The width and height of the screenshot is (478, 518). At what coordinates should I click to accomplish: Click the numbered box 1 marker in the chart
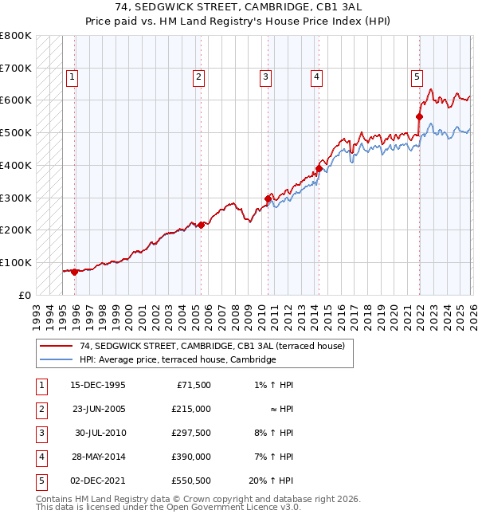click(x=72, y=77)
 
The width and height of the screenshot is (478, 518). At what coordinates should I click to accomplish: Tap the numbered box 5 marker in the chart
click(x=417, y=77)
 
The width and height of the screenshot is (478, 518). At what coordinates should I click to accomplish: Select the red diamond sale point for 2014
click(x=319, y=168)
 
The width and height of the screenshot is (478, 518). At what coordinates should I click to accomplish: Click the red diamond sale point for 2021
click(x=419, y=116)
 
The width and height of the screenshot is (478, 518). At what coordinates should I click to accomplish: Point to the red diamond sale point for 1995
click(x=75, y=272)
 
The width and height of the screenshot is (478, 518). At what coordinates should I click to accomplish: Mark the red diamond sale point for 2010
click(x=268, y=198)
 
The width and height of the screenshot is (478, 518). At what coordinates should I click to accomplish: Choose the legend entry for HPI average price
click(x=177, y=360)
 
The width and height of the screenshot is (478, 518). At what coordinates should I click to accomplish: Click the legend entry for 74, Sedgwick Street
click(x=211, y=347)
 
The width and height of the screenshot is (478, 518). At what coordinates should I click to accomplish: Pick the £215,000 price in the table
click(x=192, y=409)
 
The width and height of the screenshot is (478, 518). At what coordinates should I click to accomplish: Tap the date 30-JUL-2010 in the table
click(x=100, y=433)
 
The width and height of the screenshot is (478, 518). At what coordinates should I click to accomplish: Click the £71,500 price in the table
click(x=194, y=385)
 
